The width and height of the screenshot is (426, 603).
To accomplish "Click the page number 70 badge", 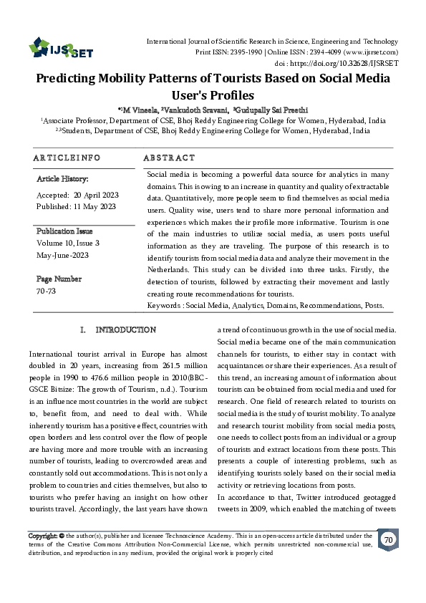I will pos(388,539).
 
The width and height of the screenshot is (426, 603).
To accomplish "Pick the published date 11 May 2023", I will pos(95,206).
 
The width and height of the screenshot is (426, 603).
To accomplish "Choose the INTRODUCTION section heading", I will pos(125,330).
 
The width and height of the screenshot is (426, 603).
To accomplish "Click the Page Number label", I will pos(59,279).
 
